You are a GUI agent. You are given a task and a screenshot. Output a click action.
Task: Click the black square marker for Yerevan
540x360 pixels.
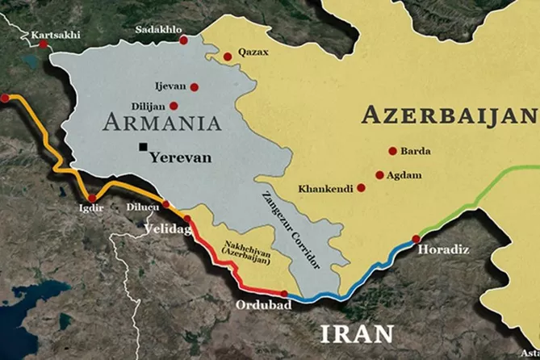[143, 147]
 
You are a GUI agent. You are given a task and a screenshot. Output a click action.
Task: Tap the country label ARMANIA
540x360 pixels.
[162, 123]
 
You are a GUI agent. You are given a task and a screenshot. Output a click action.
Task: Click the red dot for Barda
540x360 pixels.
[392, 151]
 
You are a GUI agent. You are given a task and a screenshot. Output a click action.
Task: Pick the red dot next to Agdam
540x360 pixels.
[379, 174]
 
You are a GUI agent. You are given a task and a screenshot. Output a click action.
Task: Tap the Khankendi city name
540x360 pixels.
[325, 188]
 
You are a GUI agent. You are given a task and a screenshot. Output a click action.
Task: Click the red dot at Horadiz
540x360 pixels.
[416, 238]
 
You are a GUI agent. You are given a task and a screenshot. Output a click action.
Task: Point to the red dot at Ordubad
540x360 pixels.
[284, 294]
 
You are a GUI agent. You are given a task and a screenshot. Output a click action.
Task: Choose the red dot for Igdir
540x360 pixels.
[92, 198]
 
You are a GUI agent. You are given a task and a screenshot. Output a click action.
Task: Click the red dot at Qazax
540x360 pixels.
[228, 56]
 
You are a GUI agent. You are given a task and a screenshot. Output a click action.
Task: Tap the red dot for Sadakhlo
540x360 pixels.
[183, 40]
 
